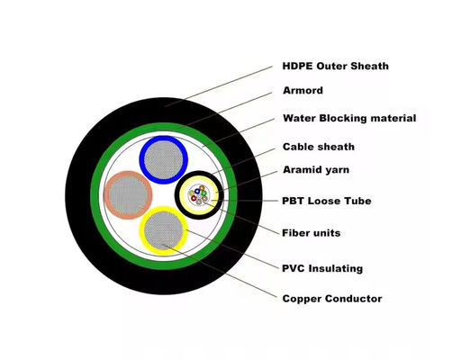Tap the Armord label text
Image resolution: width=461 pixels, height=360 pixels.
pos(303,91)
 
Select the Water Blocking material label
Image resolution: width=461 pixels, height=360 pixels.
pos(348,118)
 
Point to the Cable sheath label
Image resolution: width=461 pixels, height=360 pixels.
pos(318,147)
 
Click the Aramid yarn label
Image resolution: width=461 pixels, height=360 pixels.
pos(317,170)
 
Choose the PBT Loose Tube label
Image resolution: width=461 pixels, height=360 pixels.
pos(326,201)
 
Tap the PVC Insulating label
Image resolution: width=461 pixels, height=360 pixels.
pos(322,267)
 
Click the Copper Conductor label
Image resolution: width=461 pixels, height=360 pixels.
pos(331,299)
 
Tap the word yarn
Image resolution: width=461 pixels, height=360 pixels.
pos(337,171)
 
